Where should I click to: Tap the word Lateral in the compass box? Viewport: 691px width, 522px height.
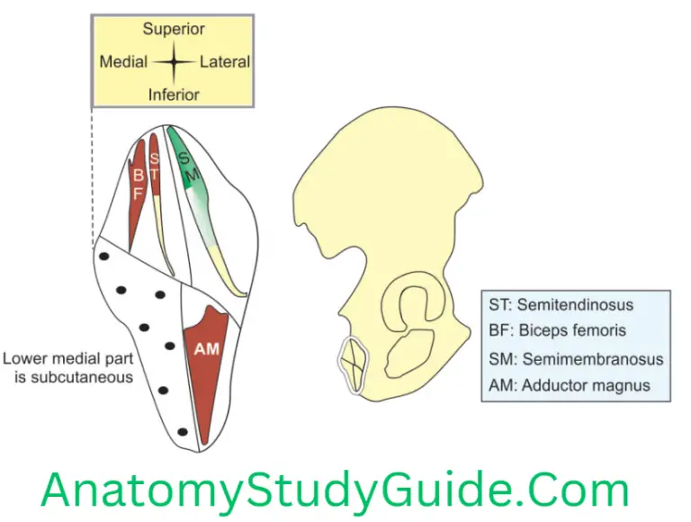tap(225, 62)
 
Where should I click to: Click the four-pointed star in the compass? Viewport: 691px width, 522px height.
tap(174, 62)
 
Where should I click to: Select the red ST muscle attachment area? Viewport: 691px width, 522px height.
tap(154, 166)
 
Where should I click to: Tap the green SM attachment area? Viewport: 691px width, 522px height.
tap(189, 166)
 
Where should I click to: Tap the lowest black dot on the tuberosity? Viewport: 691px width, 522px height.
tap(183, 432)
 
